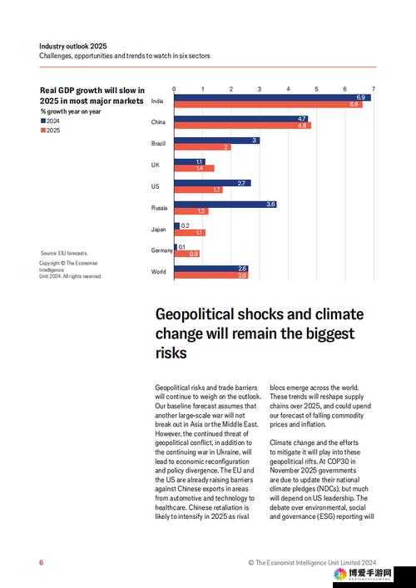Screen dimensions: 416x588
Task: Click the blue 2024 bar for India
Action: (x=272, y=97)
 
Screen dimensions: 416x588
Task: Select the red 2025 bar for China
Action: (x=243, y=126)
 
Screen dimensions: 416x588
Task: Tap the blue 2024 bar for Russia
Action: (x=225, y=205)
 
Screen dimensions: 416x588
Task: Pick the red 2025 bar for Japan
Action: (x=190, y=233)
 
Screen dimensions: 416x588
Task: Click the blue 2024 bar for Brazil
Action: (x=217, y=141)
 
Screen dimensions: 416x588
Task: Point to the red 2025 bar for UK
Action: (x=194, y=168)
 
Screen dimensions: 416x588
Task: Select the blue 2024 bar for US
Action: (x=213, y=183)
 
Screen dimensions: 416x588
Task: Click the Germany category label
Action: (x=161, y=250)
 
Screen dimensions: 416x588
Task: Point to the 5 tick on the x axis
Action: (x=317, y=89)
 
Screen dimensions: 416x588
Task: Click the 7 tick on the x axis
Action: (x=374, y=89)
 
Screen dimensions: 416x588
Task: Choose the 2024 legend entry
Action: (x=50, y=121)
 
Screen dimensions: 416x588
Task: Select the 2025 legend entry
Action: (x=50, y=131)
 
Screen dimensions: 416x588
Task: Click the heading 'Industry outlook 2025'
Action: (x=73, y=46)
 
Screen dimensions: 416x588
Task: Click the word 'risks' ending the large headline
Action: (x=171, y=353)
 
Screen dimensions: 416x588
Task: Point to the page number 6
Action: (x=42, y=562)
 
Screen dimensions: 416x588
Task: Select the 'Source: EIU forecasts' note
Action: (x=64, y=253)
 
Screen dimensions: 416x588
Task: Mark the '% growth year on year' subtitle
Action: (x=71, y=111)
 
